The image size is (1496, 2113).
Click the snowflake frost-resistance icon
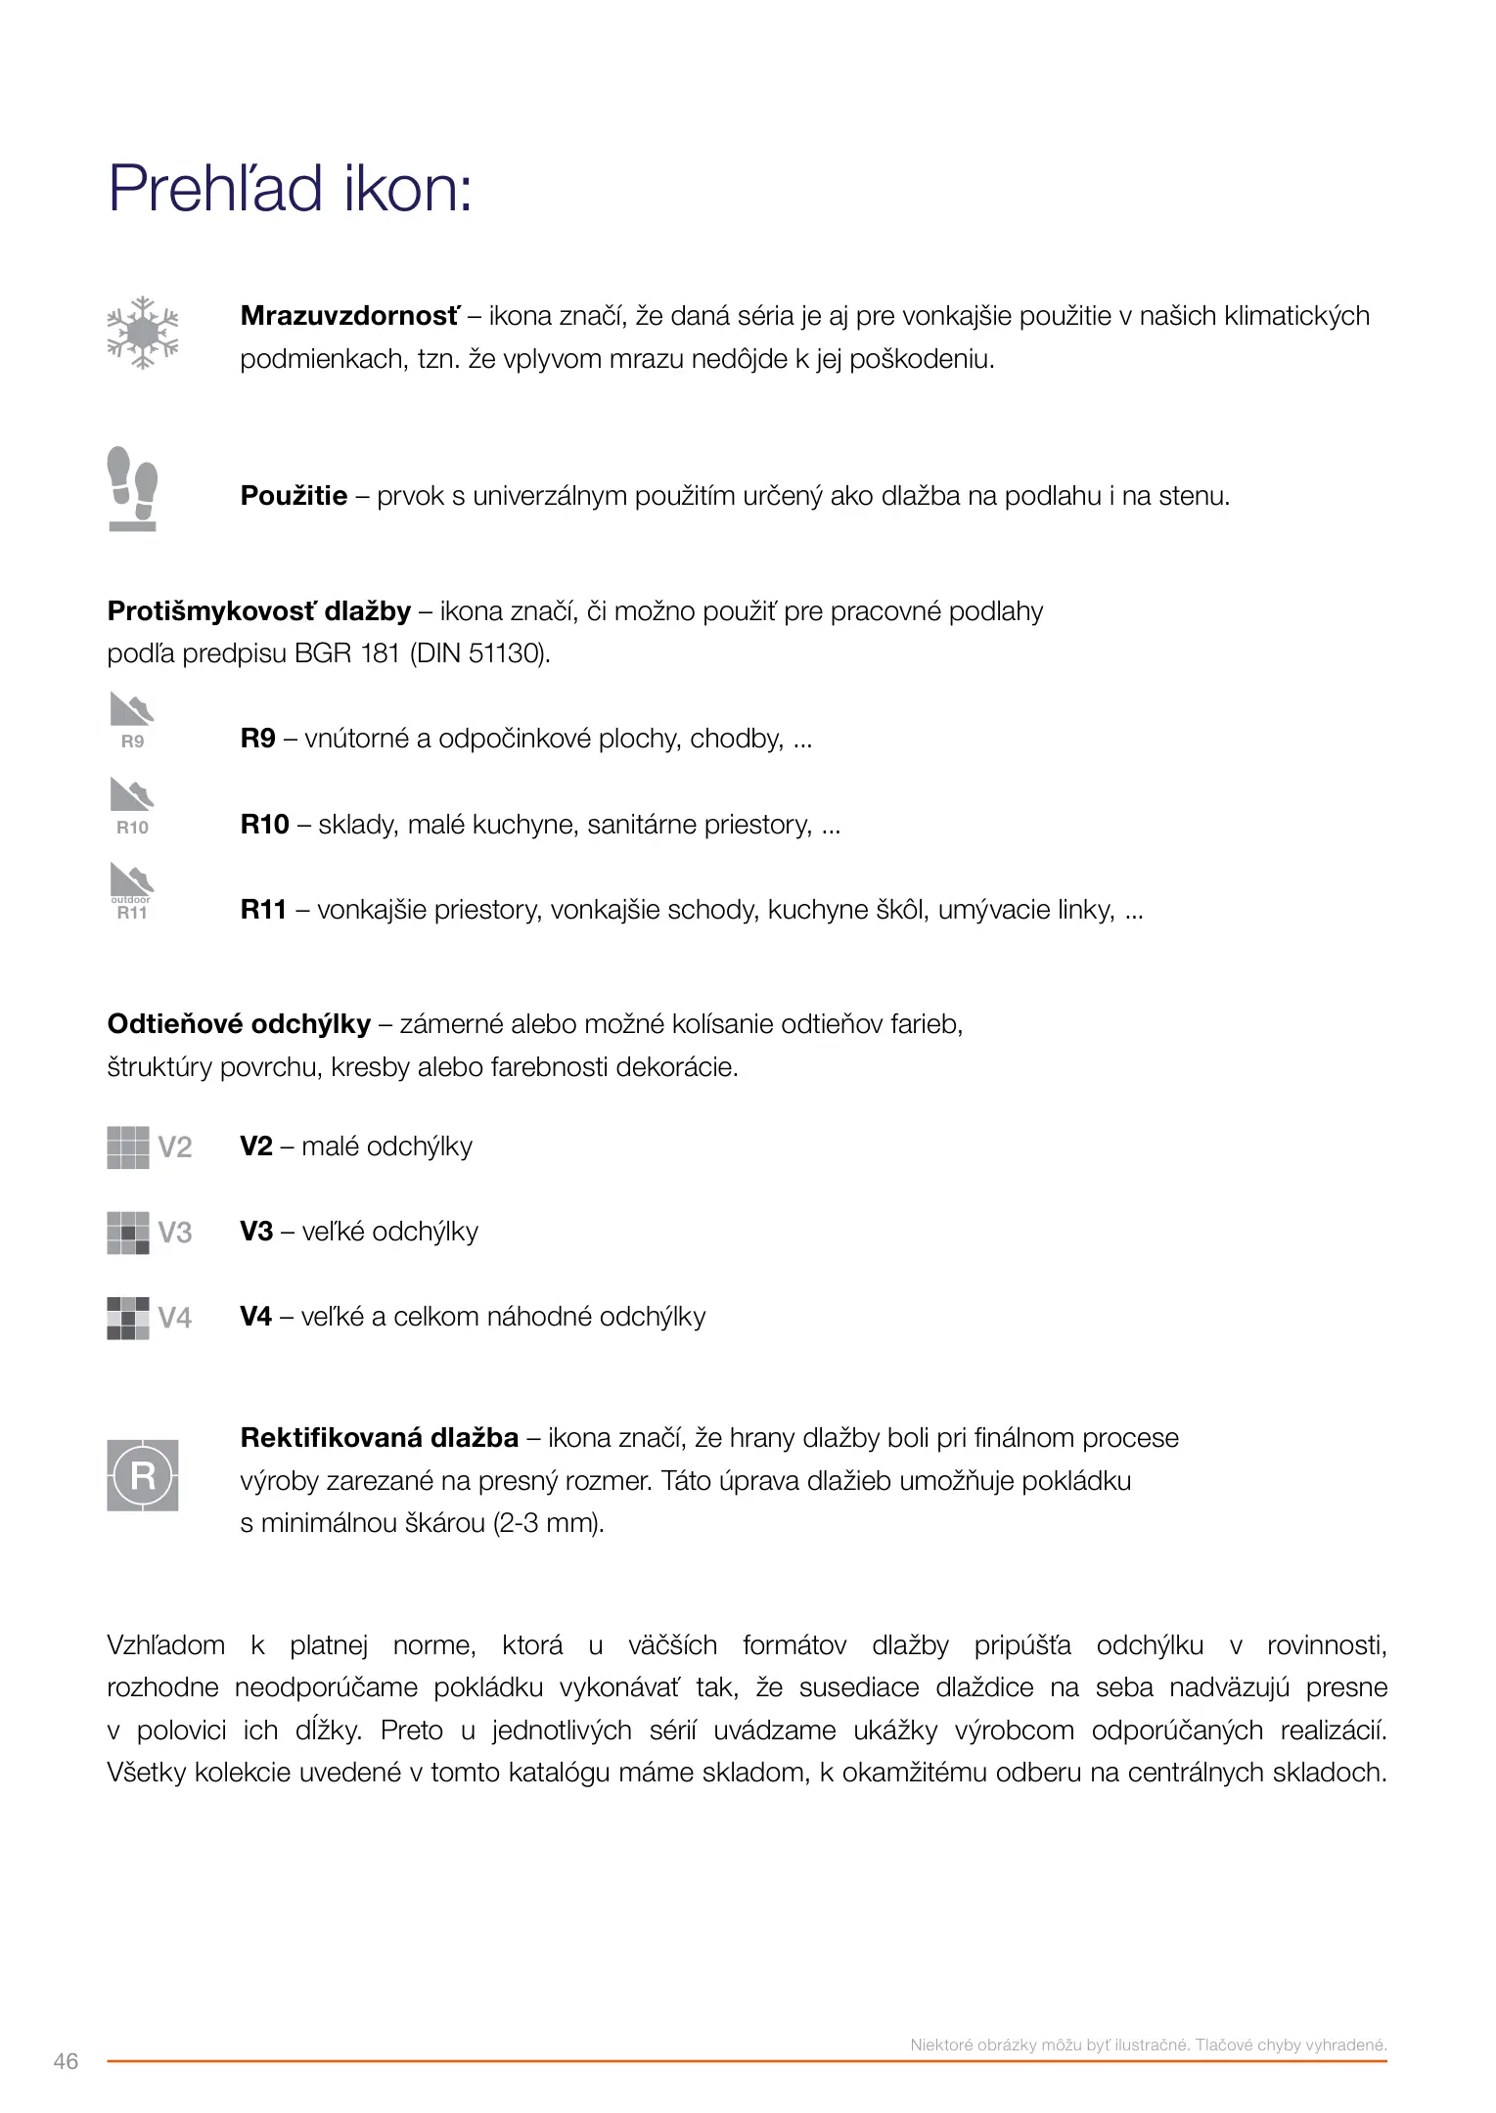click(143, 333)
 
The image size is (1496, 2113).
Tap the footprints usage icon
click(132, 488)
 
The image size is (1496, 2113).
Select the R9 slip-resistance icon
click(132, 720)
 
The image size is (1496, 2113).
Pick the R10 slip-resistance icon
click(132, 806)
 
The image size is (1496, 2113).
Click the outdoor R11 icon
click(132, 891)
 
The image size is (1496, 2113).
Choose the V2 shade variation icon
click(149, 1146)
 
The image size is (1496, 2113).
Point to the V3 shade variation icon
click(149, 1233)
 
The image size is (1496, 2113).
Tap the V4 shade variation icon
click(149, 1318)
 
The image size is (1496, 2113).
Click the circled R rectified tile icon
click(143, 1475)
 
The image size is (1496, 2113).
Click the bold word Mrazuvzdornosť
click(349, 316)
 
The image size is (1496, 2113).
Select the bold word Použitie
click(294, 496)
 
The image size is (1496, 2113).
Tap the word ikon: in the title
click(408, 188)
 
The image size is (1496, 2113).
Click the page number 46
click(66, 2061)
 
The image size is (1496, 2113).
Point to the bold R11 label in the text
click(263, 910)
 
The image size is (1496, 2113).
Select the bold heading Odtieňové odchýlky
click(239, 1024)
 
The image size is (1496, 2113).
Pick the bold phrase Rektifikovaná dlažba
click(379, 1437)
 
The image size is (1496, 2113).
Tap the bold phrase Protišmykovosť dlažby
click(258, 611)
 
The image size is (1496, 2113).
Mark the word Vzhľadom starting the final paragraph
click(165, 1645)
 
